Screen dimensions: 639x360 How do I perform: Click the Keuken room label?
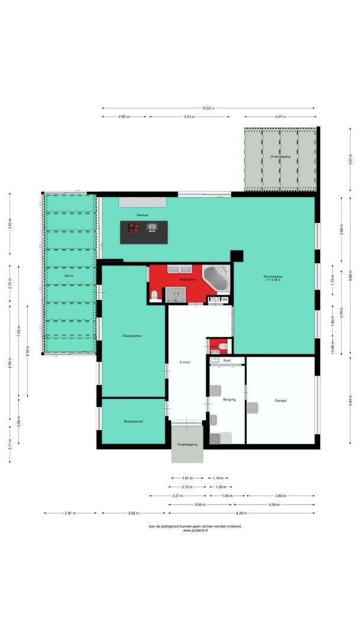143,215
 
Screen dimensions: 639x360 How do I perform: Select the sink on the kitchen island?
152,227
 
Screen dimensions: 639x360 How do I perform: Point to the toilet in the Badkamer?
155,295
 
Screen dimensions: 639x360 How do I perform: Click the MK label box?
225,300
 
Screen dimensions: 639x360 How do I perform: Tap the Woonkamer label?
274,277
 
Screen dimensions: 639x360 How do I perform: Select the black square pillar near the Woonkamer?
237,256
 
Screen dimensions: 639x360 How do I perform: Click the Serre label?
69,276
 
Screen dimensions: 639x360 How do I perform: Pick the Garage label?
280,401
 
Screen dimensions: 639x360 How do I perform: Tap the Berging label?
229,399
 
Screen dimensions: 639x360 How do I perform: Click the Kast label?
226,360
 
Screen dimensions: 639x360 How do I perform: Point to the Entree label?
185,362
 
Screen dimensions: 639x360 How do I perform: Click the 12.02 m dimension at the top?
208,108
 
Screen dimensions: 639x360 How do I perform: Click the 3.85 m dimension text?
281,496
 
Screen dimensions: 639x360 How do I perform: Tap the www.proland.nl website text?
195,530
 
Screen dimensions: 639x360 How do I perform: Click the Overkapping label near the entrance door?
187,444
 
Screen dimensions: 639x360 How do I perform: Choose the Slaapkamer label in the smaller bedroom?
133,421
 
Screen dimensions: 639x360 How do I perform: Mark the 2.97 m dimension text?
70,513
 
